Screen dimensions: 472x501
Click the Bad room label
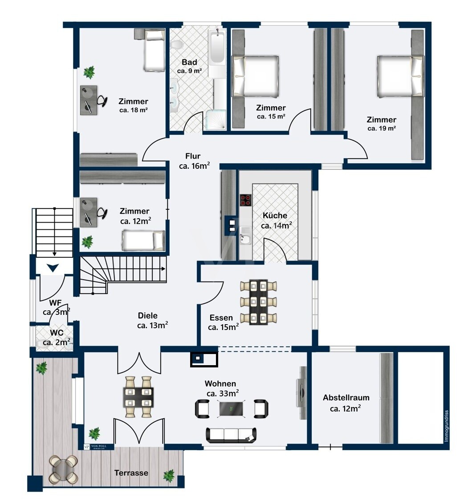[x=190, y=62]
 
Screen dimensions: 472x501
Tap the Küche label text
[x=275, y=216]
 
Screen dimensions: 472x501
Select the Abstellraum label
[x=346, y=398]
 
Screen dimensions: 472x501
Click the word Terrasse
[x=131, y=473]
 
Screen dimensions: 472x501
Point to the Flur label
[x=193, y=156]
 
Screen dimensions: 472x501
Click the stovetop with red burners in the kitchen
[x=246, y=200]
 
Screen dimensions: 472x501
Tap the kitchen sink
[x=245, y=235]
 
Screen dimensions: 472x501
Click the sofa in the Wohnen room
[x=231, y=435]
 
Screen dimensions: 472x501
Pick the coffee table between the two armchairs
[x=232, y=409]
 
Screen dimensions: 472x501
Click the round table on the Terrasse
[x=64, y=469]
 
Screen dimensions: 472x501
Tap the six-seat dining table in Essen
[x=259, y=302]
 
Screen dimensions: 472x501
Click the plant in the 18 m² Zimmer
[x=89, y=72]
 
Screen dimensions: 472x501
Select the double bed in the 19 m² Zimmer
[x=401, y=76]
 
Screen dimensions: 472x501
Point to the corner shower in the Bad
[x=216, y=120]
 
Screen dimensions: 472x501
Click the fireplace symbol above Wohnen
[x=204, y=359]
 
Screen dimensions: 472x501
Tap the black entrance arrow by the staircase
[x=53, y=268]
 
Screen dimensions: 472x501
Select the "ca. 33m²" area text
[x=223, y=393]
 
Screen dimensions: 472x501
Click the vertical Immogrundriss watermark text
[x=447, y=426]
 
